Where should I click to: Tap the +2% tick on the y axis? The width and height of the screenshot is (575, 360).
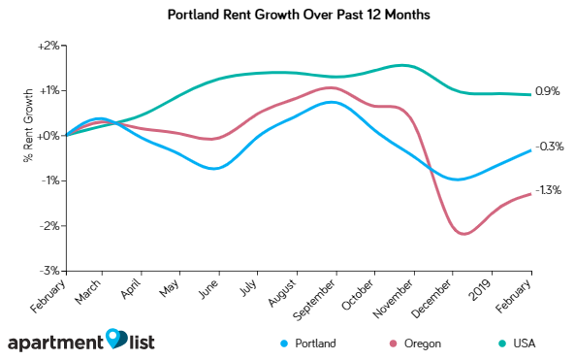coord(49,45)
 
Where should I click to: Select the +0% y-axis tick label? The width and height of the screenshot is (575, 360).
coord(49,135)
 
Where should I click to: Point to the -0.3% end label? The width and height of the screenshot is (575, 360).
coord(550,147)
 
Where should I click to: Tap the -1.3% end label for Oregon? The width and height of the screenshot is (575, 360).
coord(549,190)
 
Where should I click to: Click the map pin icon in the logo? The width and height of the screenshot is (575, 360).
coord(116,338)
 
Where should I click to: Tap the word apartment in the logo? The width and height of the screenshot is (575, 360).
coord(56,343)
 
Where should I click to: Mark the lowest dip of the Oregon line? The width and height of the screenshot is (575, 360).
coord(463,234)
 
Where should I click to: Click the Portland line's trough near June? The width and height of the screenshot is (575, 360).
coord(214,169)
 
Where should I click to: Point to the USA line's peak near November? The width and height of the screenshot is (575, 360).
coord(404,66)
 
